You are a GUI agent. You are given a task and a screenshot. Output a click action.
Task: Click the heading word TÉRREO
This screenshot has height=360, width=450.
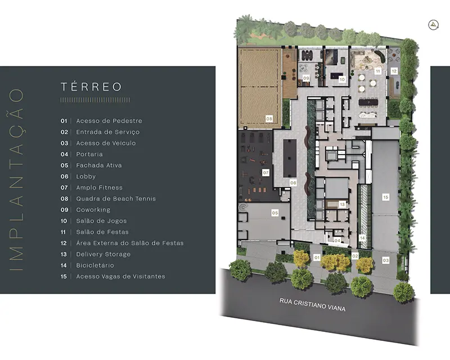pyautogui.click(x=91, y=87)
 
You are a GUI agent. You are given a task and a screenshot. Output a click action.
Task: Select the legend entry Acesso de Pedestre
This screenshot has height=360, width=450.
pyautogui.click(x=109, y=121)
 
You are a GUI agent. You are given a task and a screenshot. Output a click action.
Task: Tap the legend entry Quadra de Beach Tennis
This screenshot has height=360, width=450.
pyautogui.click(x=116, y=199)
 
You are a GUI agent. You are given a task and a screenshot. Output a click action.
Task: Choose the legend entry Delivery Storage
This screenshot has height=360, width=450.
pyautogui.click(x=103, y=254)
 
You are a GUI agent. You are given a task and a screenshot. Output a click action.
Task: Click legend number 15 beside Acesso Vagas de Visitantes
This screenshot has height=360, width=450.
pyautogui.click(x=64, y=276)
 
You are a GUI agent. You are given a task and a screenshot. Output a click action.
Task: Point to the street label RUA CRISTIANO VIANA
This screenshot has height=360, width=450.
pyautogui.click(x=313, y=304)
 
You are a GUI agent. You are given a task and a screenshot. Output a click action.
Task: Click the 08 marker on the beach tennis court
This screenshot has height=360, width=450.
pyautogui.click(x=269, y=119)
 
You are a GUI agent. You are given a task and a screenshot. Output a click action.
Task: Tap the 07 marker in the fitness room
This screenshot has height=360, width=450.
pyautogui.click(x=265, y=173)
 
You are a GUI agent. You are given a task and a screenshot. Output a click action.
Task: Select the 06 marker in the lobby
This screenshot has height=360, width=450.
pyautogui.click(x=293, y=183)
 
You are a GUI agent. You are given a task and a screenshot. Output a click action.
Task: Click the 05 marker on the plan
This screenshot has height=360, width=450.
pyautogui.click(x=275, y=213)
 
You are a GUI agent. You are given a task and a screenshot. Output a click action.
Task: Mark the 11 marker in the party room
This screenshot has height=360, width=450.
pyautogui.click(x=377, y=71)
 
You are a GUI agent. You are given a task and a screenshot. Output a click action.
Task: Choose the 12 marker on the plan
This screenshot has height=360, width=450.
pyautogui.click(x=394, y=71)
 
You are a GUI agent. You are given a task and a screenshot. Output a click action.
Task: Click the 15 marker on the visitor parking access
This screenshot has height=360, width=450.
pyautogui.click(x=386, y=197)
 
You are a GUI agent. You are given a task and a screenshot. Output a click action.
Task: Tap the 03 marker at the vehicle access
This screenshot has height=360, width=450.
pyautogui.click(x=386, y=260)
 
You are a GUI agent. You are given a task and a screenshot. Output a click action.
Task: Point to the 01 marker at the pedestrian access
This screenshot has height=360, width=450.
pyautogui.click(x=317, y=258)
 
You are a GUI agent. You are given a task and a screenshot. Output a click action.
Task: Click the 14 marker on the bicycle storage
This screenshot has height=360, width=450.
pyautogui.click(x=362, y=238)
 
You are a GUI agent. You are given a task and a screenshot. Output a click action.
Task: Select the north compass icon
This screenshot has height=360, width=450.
pyautogui.click(x=433, y=25)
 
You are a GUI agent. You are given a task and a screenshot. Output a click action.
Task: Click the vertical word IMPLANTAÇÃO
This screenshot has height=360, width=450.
pyautogui.click(x=16, y=179)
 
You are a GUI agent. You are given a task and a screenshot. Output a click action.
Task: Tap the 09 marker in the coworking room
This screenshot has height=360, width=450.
pyautogui.click(x=306, y=78)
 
